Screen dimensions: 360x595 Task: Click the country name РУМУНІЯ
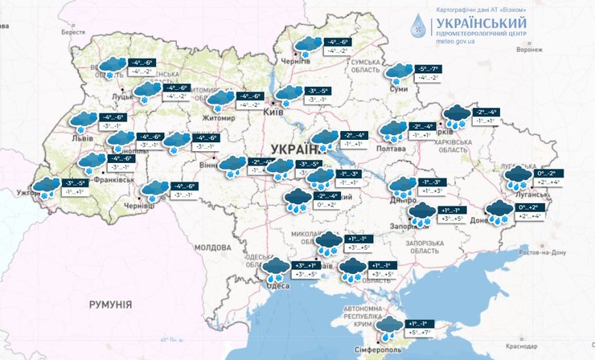[110, 305]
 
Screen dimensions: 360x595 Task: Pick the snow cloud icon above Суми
[398, 73]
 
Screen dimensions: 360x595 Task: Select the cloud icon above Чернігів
[306, 45]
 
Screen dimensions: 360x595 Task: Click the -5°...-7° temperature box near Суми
[426, 69]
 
